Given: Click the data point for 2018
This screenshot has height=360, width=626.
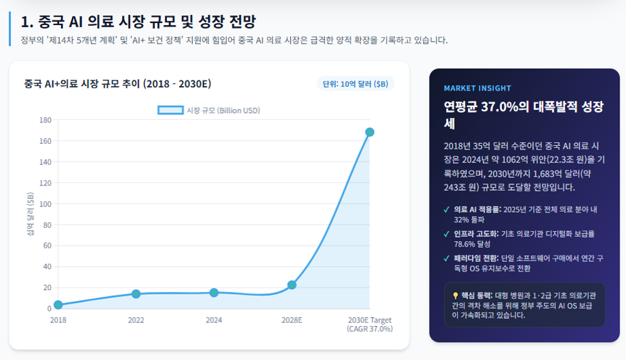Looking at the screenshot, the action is (x=58, y=305).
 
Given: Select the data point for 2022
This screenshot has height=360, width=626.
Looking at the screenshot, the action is (x=135, y=294).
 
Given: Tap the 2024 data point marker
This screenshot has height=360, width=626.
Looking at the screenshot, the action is (x=214, y=293).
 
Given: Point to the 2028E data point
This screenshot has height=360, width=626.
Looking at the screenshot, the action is (x=292, y=285).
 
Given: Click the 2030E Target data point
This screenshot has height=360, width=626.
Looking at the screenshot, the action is (x=370, y=132).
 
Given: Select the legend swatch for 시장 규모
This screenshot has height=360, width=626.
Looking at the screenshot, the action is (x=171, y=110).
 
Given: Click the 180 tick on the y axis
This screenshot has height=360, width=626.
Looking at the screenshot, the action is (x=46, y=120).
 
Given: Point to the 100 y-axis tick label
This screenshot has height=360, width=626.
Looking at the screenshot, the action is (x=46, y=204).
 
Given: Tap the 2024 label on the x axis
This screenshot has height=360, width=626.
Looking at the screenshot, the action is (x=214, y=320).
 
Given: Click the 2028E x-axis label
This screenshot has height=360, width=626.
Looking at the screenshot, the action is (x=292, y=320).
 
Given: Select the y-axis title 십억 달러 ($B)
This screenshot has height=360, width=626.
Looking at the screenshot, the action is (x=30, y=214).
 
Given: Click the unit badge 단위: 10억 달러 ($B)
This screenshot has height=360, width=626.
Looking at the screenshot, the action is (x=355, y=84).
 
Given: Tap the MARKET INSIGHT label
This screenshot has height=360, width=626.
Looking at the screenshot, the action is (x=478, y=88).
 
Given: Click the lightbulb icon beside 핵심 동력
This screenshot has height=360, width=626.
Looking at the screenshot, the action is (x=455, y=296).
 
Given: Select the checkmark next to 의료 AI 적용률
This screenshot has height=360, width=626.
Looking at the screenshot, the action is (x=447, y=210).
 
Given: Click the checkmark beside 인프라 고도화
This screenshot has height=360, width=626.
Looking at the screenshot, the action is (x=447, y=234).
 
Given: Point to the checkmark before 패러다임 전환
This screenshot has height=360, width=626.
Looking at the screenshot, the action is (x=447, y=259).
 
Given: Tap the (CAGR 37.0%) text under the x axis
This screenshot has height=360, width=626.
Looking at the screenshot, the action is (x=370, y=329).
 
